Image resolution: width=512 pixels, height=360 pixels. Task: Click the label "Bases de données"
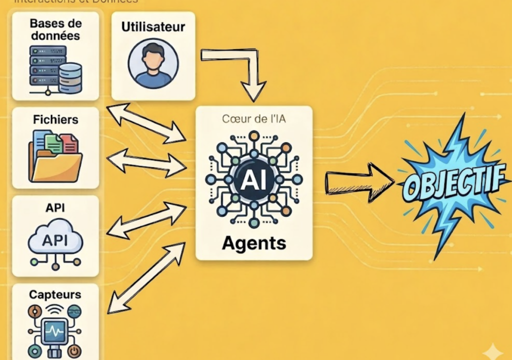click(55, 29)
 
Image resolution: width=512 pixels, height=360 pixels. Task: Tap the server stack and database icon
click(55, 69)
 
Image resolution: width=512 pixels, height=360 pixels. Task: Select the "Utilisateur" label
click(153, 26)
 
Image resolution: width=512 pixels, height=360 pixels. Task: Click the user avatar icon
click(153, 64)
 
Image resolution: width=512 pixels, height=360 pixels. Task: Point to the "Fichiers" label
click(55, 119)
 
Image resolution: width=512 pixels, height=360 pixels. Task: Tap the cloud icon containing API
click(55, 241)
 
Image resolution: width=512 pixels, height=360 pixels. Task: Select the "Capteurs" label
click(55, 294)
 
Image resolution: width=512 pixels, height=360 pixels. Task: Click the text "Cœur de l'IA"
click(253, 120)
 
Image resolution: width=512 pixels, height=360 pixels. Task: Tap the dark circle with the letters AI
click(253, 180)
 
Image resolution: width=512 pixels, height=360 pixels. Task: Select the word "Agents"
click(253, 243)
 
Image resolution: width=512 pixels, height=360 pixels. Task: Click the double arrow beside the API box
click(147, 220)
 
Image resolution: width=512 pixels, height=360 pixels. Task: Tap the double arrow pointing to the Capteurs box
click(146, 277)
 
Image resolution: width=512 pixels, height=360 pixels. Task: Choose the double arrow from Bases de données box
click(146, 121)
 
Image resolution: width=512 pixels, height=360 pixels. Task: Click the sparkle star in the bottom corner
click(493, 351)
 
